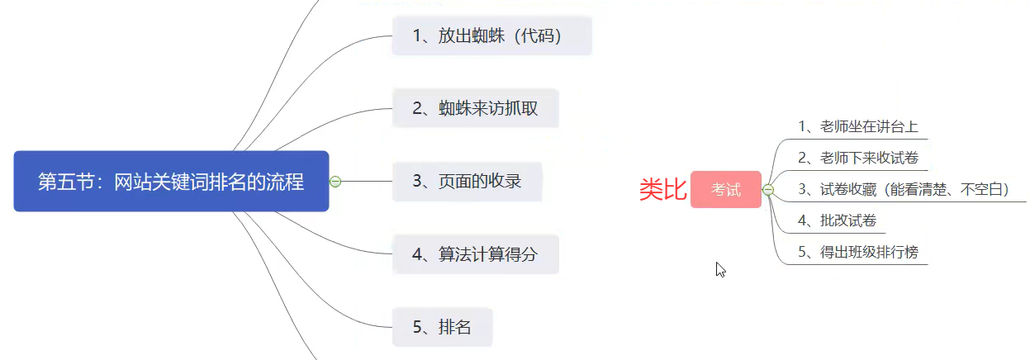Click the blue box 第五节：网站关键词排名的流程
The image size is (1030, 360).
pos(171,182)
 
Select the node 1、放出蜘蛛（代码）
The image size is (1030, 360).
pos(491,36)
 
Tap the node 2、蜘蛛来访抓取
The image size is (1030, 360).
pos(475,108)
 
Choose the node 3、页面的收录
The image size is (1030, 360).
pos(467,181)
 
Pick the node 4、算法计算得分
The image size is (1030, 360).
pos(475,253)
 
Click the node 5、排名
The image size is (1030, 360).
pos(442,326)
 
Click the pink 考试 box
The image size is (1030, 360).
pos(726,190)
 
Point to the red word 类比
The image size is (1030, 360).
pos(662,190)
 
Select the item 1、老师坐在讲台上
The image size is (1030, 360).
pos(858,127)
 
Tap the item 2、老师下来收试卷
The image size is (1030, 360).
pos(858,158)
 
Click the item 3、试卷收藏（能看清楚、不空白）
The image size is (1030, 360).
pos(904,189)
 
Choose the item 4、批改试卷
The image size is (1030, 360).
pos(838,220)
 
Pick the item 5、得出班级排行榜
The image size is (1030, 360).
pos(858,252)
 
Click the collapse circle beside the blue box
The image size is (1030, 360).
pos(335,182)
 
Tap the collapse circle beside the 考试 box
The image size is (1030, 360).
pos(768,190)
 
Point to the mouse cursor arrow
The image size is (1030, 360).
pos(719,268)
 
